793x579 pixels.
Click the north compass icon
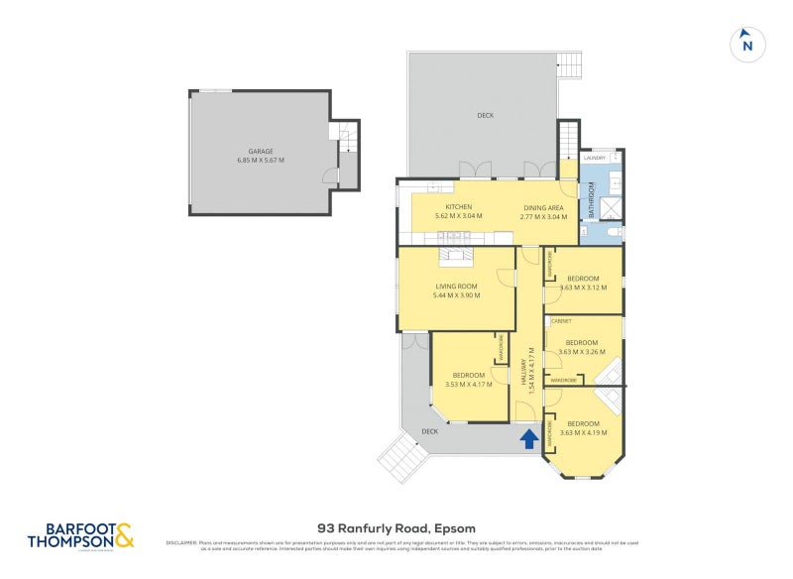coord(747,44)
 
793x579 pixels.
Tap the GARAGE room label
coord(260,151)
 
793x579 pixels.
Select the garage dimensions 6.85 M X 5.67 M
coord(260,161)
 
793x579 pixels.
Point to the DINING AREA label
coord(543,206)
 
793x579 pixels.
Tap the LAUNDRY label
coord(595,158)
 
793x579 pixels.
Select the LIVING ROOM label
coord(456,286)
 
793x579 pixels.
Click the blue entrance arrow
coord(529,436)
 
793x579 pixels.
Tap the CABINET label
coord(561,321)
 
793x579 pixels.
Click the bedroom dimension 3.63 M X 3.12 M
coord(584,289)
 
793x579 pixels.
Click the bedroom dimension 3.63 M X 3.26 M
coord(584,352)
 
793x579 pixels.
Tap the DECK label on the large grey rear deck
coord(485,116)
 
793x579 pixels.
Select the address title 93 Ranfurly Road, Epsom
coord(396,528)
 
